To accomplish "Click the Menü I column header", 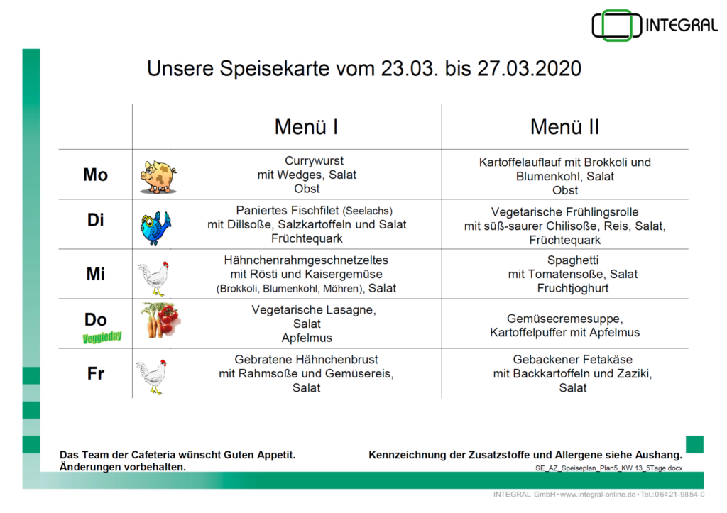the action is (306, 127).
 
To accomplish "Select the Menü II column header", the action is (564, 127).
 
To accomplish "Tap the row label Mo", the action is (96, 175).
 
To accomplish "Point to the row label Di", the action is (96, 220).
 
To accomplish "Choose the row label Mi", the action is (96, 274).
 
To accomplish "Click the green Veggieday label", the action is (102, 337).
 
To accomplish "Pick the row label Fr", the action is (96, 373).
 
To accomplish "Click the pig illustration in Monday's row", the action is (158, 177).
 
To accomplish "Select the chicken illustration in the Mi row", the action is (153, 278).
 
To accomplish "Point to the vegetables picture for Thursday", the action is (160, 320).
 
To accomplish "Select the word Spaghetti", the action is (573, 260).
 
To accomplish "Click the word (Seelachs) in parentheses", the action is (368, 211).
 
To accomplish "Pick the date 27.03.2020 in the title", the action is (529, 69).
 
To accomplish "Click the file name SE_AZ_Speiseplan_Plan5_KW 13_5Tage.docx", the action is (608, 468).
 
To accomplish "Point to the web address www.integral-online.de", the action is (598, 495).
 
